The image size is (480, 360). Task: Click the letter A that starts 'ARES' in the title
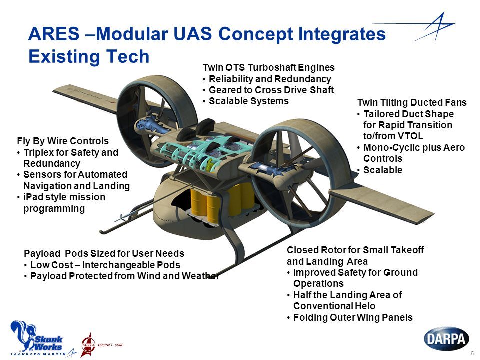[35, 33]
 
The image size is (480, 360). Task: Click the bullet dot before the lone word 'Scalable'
[359, 170]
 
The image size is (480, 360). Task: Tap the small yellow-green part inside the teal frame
[209, 164]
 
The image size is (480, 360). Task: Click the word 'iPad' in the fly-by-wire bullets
[33, 197]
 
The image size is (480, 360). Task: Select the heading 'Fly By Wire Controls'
[63, 141]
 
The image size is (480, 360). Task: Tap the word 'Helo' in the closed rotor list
[366, 306]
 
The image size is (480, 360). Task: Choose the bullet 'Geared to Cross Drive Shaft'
[271, 90]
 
